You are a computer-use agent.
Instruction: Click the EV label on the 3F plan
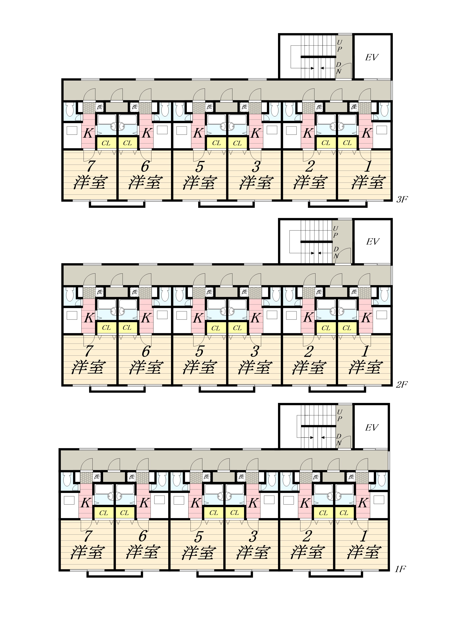(x=372, y=57)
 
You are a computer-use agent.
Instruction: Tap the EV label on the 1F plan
(x=372, y=427)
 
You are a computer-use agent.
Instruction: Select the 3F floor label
(x=402, y=199)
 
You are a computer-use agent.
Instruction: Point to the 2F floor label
(x=402, y=385)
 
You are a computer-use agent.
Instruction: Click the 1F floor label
(x=400, y=569)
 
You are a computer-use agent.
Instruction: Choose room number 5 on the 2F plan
(x=199, y=351)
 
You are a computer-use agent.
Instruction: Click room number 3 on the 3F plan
(x=256, y=166)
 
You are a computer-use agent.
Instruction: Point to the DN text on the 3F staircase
(x=339, y=68)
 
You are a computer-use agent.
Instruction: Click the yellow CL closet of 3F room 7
(x=106, y=143)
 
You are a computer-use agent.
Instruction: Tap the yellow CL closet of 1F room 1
(x=344, y=513)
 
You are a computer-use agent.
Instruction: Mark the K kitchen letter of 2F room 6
(x=146, y=318)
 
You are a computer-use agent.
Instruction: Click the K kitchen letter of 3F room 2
(x=308, y=133)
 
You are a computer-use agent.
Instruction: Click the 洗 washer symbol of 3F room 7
(x=100, y=107)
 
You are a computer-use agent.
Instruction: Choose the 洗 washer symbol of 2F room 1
(x=354, y=292)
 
